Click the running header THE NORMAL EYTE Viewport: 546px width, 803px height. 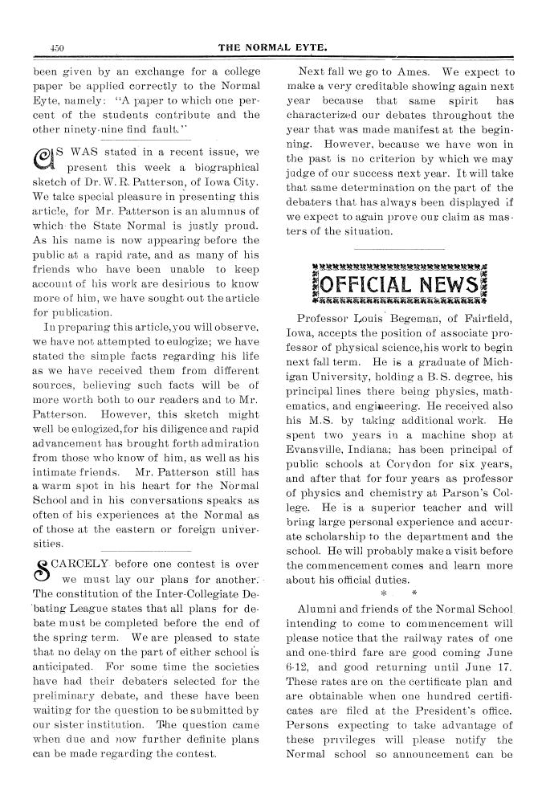coord(274,47)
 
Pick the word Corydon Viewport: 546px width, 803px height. coord(413,461)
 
